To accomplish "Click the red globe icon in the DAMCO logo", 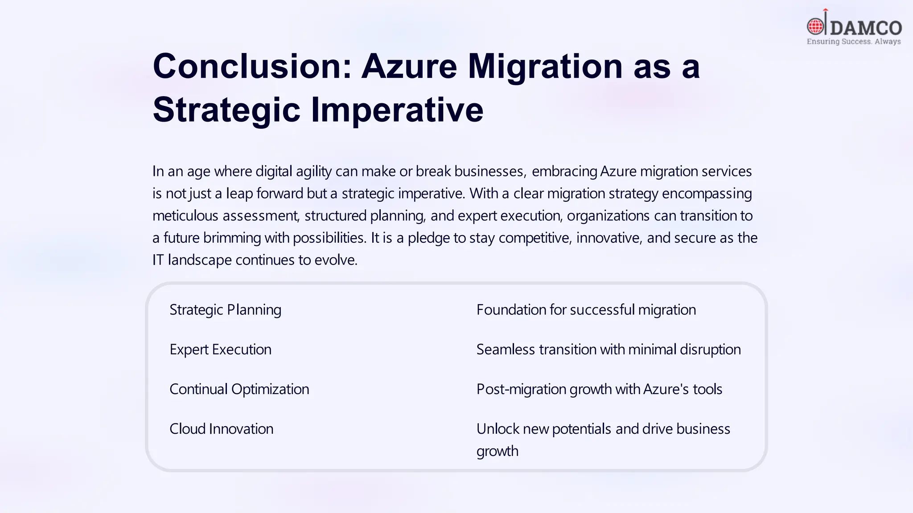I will coord(816,27).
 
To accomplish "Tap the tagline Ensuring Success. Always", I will coord(853,41).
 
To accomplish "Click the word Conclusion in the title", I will coord(252,66).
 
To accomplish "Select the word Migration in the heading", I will coord(545,66).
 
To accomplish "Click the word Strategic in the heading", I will coord(226,110).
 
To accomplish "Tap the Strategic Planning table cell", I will coord(225,309).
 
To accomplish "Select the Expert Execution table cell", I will coord(220,349).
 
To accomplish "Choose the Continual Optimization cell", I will coord(239,389).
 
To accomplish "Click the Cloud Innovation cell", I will coord(221,428).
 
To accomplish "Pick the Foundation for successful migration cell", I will coord(586,309).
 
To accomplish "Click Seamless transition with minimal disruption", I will coord(608,349).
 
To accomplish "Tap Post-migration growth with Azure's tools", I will coord(599,389).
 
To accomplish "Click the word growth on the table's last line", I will coord(497,451).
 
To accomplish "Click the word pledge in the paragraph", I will coord(428,238).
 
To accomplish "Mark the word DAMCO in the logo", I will coord(865,28).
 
